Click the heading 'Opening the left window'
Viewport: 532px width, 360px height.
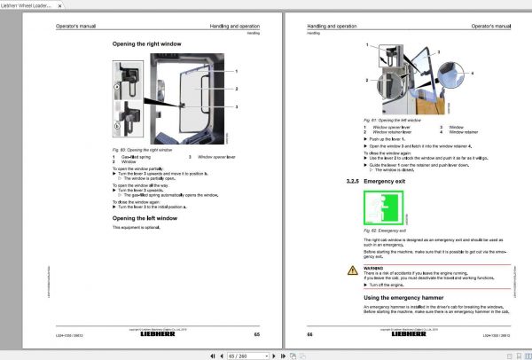point(145,217)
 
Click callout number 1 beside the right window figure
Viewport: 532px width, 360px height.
point(237,70)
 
